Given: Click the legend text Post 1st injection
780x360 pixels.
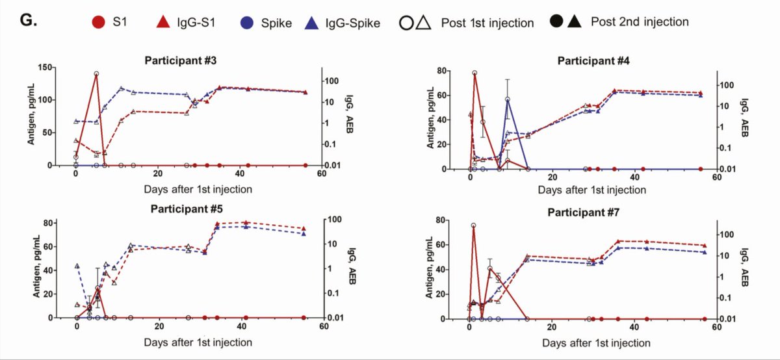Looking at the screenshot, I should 487,23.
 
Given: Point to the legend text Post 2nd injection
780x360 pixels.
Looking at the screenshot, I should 640,21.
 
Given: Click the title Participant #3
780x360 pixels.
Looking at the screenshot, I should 180,60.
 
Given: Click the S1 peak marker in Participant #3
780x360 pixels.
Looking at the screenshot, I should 96,74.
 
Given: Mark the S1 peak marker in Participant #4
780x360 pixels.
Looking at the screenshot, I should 474,73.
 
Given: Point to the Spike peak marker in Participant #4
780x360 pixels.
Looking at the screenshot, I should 507,99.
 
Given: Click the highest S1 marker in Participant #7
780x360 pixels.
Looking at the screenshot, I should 473,225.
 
